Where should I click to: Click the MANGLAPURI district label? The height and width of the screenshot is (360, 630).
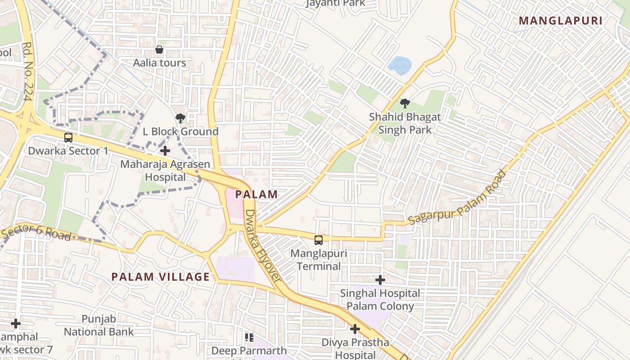(560, 21)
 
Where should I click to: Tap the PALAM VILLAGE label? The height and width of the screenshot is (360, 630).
(161, 277)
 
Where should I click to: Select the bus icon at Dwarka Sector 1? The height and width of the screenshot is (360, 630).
(68, 138)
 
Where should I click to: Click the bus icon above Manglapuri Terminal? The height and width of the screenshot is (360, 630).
(319, 240)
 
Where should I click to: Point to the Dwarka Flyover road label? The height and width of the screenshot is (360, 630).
(262, 246)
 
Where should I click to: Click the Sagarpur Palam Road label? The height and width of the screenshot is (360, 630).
(458, 198)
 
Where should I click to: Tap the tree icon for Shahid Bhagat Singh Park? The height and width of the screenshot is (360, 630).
(405, 103)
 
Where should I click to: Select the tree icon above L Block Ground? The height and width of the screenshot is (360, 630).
(180, 118)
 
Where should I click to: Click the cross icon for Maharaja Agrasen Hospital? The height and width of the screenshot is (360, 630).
(165, 151)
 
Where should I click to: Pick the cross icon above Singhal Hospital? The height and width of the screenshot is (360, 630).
(380, 280)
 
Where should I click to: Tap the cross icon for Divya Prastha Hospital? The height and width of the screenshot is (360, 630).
(355, 329)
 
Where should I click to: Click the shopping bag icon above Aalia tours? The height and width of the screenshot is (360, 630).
(159, 49)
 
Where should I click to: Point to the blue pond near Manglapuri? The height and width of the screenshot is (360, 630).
(400, 66)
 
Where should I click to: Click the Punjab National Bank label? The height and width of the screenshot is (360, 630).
(99, 325)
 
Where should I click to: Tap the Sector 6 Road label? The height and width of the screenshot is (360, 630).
(36, 232)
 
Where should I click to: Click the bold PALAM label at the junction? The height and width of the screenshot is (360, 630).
(256, 195)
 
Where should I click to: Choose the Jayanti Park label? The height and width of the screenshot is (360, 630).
(335, 4)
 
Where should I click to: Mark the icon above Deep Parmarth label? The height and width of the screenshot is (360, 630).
(249, 337)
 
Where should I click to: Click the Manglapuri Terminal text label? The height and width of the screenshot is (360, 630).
(319, 260)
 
